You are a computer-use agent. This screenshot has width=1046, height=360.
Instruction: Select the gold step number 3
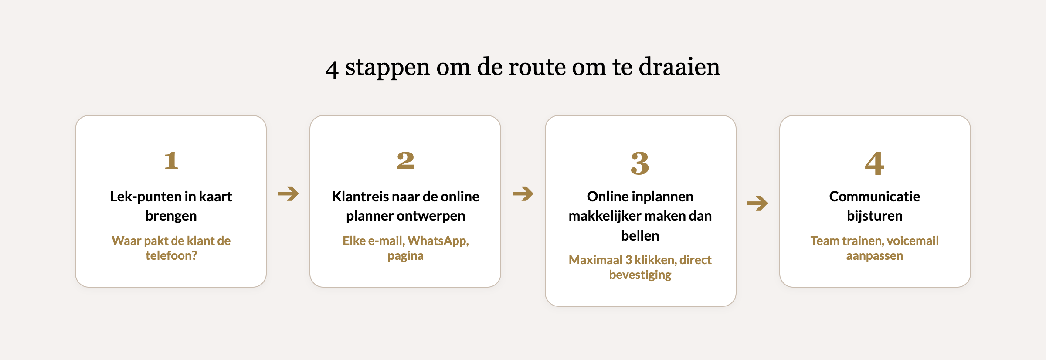click(x=640, y=163)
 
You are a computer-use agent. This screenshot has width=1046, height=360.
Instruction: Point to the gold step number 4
click(x=874, y=163)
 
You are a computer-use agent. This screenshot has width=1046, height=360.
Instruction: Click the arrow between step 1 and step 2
click(x=288, y=194)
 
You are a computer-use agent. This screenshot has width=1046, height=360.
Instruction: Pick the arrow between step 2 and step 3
click(x=523, y=194)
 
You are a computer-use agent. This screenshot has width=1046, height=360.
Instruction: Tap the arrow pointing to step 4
click(x=757, y=203)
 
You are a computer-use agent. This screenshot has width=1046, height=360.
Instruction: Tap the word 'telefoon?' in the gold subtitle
click(x=171, y=255)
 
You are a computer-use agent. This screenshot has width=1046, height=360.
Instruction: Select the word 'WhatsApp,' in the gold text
click(x=438, y=241)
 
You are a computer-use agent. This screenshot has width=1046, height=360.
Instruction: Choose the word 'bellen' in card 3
click(x=640, y=236)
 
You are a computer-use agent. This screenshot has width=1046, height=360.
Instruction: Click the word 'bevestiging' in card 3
click(x=640, y=275)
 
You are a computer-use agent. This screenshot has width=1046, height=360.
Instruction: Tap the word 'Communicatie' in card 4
click(x=874, y=197)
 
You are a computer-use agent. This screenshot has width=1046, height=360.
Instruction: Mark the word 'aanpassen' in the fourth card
click(x=874, y=256)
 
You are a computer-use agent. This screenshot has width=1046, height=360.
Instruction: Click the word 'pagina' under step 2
click(x=405, y=256)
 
